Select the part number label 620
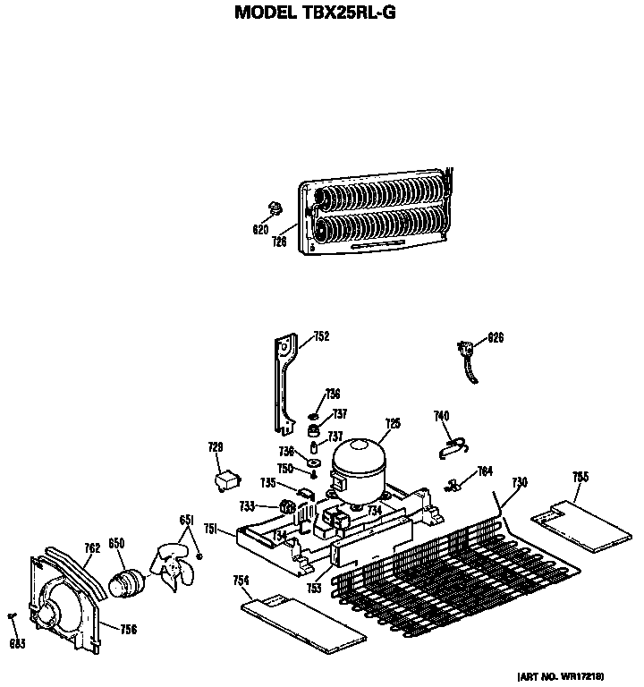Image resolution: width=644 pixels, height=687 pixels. [260, 229]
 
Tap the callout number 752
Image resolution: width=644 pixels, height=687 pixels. [321, 337]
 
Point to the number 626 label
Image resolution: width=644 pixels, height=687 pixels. [496, 338]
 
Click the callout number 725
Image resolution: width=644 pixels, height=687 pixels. [392, 423]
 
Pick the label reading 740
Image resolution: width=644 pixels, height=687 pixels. [441, 415]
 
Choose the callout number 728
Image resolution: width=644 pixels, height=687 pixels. [216, 447]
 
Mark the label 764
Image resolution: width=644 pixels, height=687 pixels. [485, 471]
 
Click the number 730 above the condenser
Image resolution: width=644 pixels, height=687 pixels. [519, 482]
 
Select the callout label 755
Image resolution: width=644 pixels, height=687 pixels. [580, 477]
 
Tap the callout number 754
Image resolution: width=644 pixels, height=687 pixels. [241, 581]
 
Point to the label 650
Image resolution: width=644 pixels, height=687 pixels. [116, 543]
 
